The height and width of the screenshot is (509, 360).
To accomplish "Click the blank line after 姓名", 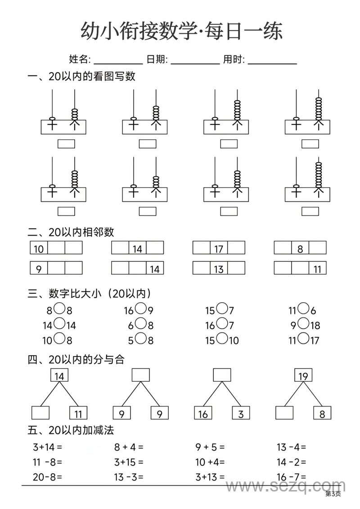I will [118, 63].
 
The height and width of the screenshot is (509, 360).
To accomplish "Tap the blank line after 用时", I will [272, 63].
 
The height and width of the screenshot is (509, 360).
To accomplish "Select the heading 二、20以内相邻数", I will [71, 232].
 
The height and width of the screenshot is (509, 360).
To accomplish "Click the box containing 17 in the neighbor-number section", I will [219, 248].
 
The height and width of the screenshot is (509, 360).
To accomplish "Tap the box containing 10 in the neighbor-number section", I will [39, 248].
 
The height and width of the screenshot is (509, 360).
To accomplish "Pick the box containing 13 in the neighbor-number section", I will [219, 268].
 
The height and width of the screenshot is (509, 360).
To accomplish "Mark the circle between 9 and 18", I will [303, 324].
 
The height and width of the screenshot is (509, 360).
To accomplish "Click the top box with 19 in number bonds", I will [303, 375].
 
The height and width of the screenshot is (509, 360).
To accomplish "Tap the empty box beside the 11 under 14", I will [40, 413].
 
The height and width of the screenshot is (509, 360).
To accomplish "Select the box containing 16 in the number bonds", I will [203, 413].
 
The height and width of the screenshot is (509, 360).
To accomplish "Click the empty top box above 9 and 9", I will [141, 375].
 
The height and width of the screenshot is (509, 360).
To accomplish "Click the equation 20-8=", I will [47, 477].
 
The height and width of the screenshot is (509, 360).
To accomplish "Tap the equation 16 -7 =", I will [291, 477].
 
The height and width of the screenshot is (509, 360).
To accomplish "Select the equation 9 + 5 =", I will [210, 447].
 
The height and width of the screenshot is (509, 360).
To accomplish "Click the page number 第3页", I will [333, 494].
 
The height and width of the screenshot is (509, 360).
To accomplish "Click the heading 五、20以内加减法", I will [71, 430].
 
